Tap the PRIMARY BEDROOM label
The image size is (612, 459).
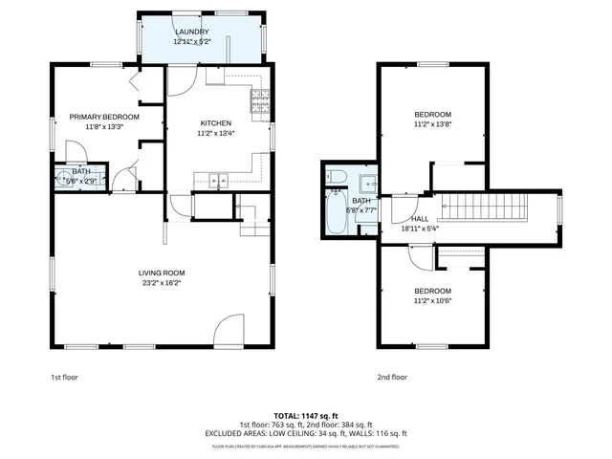click(104, 117)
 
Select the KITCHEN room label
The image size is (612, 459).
click(215, 123)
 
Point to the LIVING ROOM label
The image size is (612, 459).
click(161, 273)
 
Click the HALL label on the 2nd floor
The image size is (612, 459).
click(392, 219)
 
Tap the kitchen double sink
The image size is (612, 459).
click(217, 179)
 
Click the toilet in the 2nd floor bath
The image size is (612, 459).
click(334, 175)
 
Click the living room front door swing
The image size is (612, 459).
click(228, 330)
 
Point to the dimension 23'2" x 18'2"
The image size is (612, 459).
click(161, 283)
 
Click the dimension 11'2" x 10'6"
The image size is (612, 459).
click(432, 301)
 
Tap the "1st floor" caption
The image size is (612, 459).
click(64, 378)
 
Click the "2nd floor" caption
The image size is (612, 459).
click(392, 378)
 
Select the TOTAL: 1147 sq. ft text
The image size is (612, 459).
click(306, 415)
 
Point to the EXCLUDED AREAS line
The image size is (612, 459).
click(306, 432)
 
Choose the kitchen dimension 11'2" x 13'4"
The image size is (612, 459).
click(215, 134)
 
